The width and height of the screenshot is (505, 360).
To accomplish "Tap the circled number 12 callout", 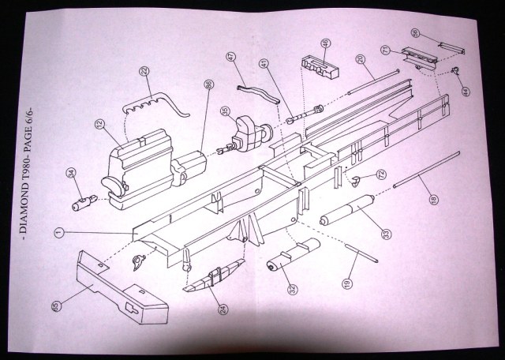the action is [x=100, y=124].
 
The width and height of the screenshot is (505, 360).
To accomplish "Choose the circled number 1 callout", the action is [x=58, y=232].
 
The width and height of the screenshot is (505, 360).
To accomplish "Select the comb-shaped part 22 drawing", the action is [x=158, y=102].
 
